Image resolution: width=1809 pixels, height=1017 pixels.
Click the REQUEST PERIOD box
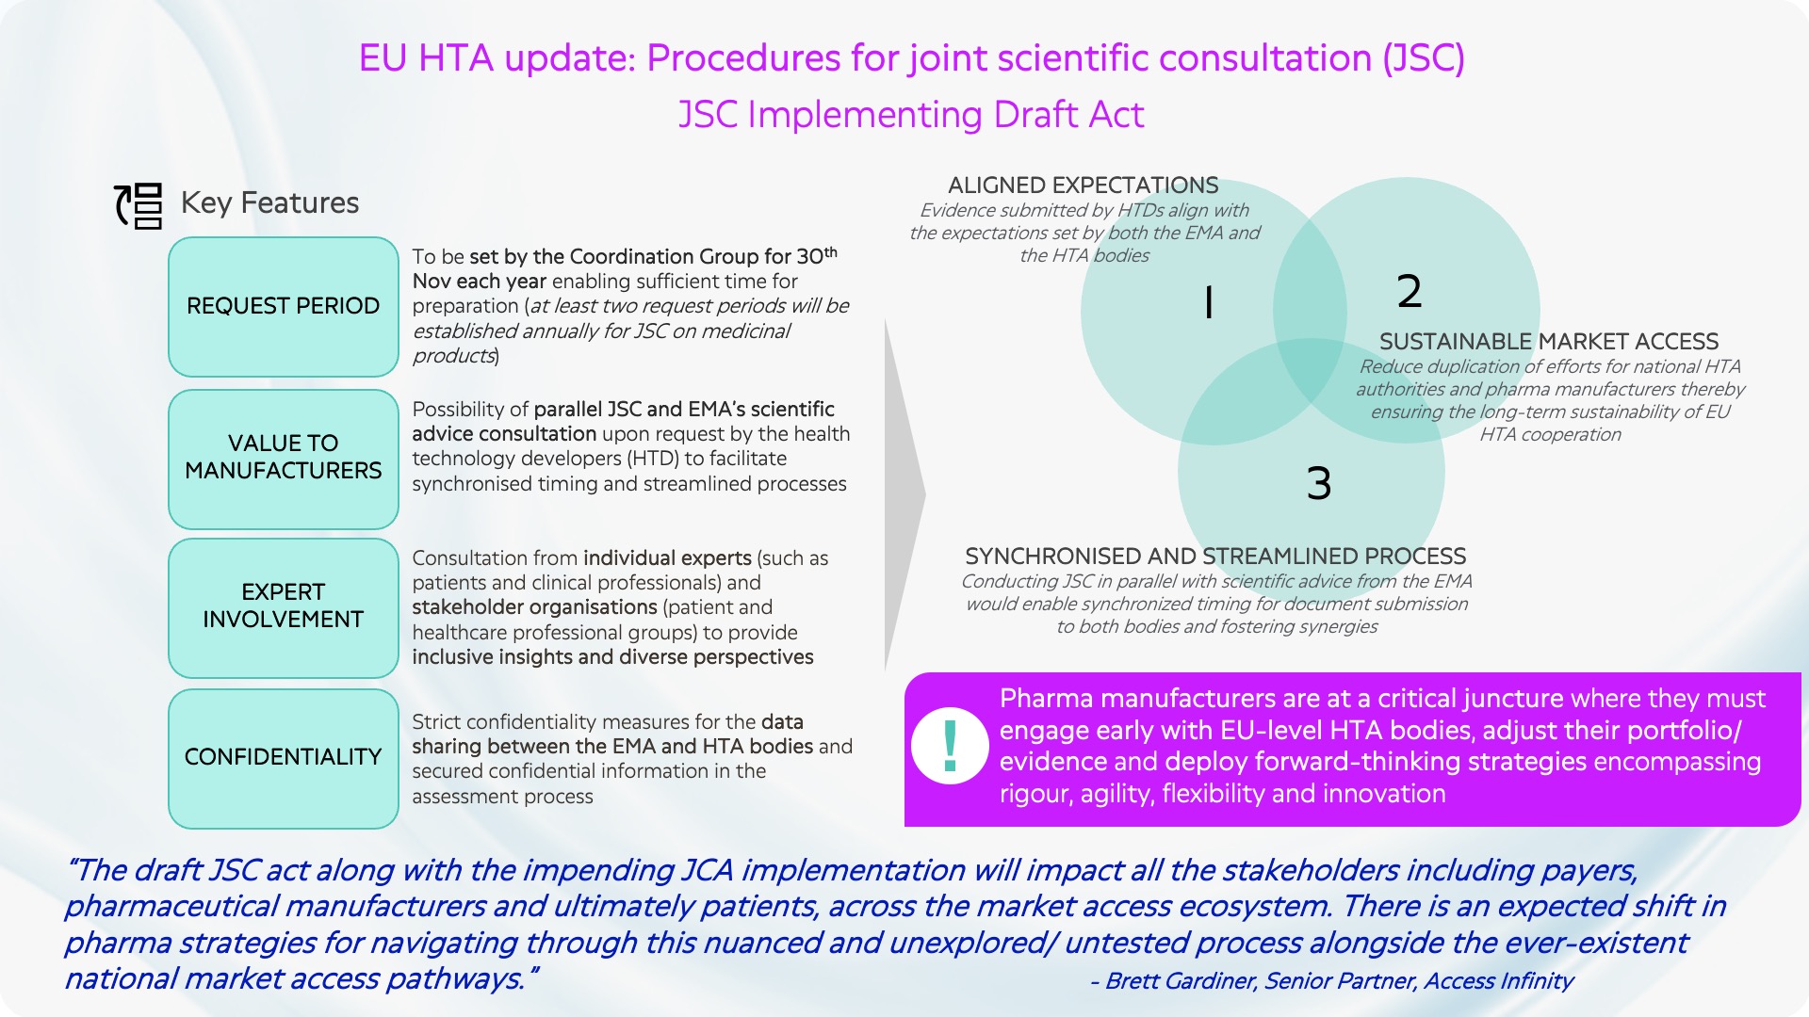[x=284, y=307]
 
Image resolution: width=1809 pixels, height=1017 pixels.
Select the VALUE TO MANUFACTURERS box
[x=284, y=459]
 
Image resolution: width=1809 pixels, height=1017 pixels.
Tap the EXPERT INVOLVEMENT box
[x=284, y=607]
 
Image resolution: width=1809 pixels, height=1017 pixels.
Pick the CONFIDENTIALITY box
[x=284, y=758]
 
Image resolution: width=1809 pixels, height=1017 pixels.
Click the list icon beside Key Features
[x=139, y=205]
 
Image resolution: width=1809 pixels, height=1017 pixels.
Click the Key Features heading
[x=269, y=203]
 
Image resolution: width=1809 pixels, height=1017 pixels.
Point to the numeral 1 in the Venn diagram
[x=1209, y=302]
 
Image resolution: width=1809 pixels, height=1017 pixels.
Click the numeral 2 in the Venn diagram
[x=1410, y=291]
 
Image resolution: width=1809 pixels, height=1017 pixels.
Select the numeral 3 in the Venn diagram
[x=1319, y=483]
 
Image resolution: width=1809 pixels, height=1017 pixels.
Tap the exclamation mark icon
[x=950, y=746]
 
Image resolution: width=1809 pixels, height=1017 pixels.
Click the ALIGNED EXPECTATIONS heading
[x=1084, y=186]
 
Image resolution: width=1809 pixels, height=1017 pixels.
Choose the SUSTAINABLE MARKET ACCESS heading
[x=1549, y=342]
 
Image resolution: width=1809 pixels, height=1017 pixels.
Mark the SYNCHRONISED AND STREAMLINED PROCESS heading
[x=1215, y=557]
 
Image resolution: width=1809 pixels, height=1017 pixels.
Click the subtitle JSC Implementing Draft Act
[x=911, y=115]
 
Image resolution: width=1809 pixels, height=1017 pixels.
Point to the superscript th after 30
[x=830, y=251]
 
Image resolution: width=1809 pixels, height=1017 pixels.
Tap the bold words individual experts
[x=667, y=558]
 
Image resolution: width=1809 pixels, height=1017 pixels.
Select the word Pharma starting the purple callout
[x=1047, y=699]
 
